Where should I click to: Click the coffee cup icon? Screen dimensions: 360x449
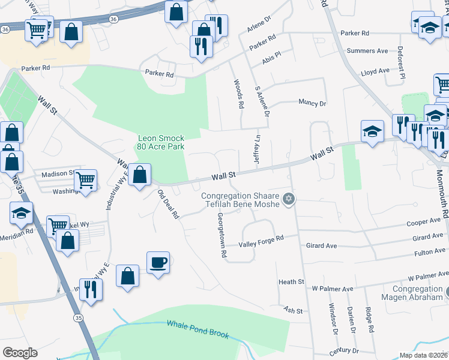[158, 262]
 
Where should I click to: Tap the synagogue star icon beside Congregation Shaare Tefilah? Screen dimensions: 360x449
[289, 199]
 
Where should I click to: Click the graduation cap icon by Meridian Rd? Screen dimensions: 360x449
[21, 213]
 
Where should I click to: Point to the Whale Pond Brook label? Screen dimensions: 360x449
[198, 329]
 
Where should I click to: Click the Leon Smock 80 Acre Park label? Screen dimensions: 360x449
[161, 142]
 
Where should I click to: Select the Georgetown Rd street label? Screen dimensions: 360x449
[221, 235]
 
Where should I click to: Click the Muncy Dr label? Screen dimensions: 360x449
[312, 103]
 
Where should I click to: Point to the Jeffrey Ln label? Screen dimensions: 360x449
[258, 151]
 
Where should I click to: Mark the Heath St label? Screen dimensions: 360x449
[292, 281]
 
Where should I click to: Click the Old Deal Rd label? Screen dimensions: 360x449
[168, 204]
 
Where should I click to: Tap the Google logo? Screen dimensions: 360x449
[20, 353]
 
